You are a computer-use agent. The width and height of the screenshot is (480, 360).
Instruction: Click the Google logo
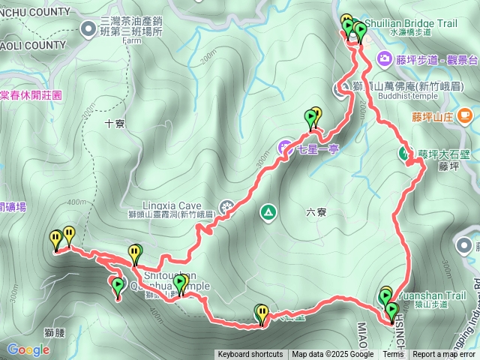[28, 349]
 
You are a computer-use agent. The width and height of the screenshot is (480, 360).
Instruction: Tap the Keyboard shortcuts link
[250, 355]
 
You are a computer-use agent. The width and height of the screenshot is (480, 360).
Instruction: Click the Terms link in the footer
[393, 355]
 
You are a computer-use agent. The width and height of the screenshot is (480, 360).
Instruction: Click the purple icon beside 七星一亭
[286, 148]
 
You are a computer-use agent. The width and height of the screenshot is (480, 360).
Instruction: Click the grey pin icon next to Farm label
[89, 29]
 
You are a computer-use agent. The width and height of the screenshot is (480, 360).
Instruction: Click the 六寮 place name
[316, 212]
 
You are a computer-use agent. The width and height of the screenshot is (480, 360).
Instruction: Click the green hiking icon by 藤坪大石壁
[404, 153]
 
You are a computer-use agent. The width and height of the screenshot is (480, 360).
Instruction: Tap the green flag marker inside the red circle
[118, 286]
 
